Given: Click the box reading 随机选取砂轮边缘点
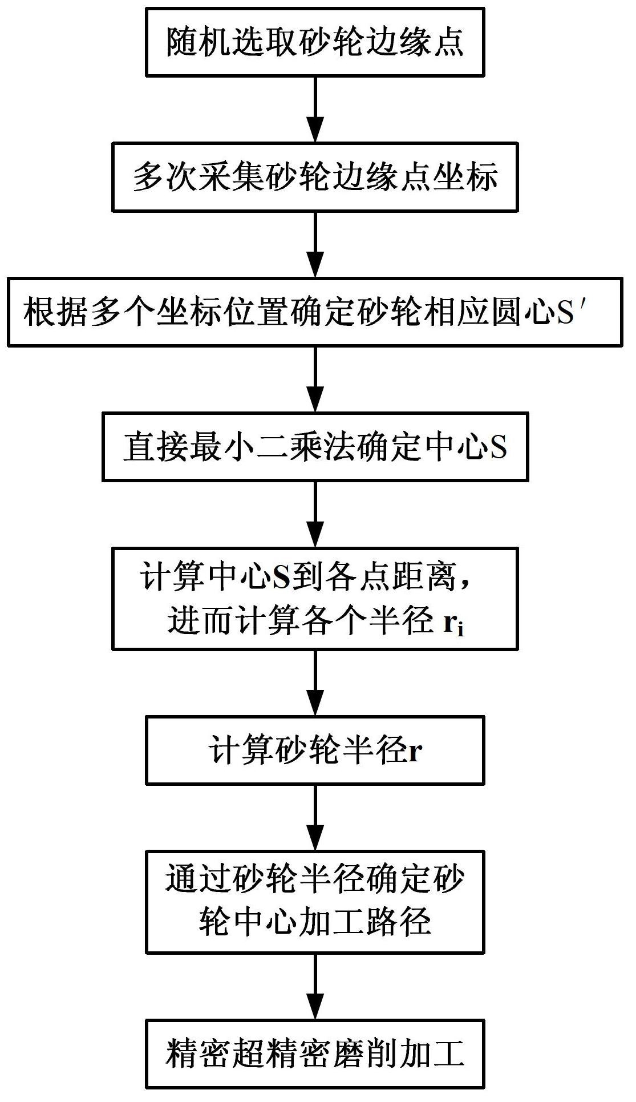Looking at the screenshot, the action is (x=315, y=42).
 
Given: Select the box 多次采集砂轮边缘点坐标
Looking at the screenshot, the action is (x=315, y=177).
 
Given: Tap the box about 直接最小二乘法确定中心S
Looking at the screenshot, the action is (x=315, y=447).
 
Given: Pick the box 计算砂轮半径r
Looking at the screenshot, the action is (x=315, y=750).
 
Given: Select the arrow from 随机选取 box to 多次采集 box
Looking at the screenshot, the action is (x=315, y=110).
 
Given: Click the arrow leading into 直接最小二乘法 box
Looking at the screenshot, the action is (x=315, y=380).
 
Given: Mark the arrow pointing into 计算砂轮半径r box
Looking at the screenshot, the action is (x=315, y=683).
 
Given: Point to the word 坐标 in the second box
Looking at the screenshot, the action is (x=466, y=177).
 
